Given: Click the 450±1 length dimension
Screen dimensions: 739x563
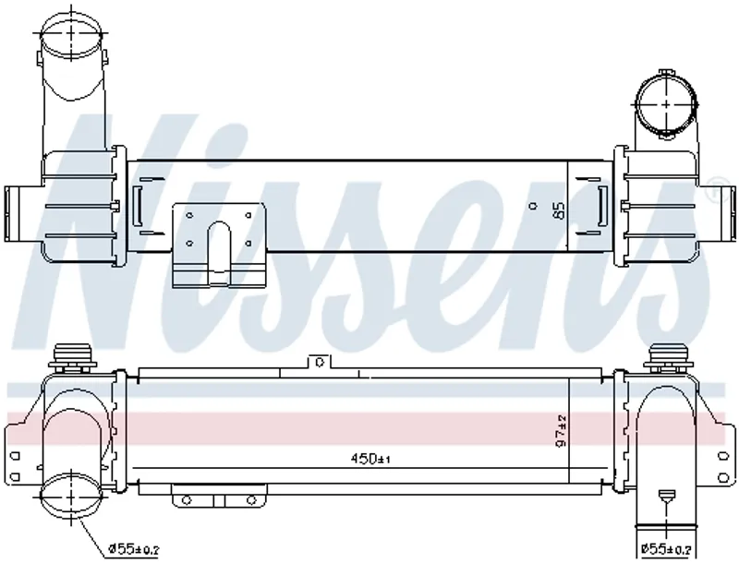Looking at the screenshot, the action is (x=370, y=458).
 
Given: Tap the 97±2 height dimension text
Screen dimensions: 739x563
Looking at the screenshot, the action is (x=562, y=430).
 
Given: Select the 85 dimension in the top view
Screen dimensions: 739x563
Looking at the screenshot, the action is (x=559, y=210).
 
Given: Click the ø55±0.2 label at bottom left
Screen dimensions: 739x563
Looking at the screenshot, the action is (x=134, y=549).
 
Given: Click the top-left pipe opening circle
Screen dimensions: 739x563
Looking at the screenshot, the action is (x=71, y=34).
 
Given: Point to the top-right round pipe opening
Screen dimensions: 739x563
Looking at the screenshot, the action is (x=666, y=103).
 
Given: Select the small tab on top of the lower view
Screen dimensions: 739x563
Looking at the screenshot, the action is (x=320, y=362).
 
